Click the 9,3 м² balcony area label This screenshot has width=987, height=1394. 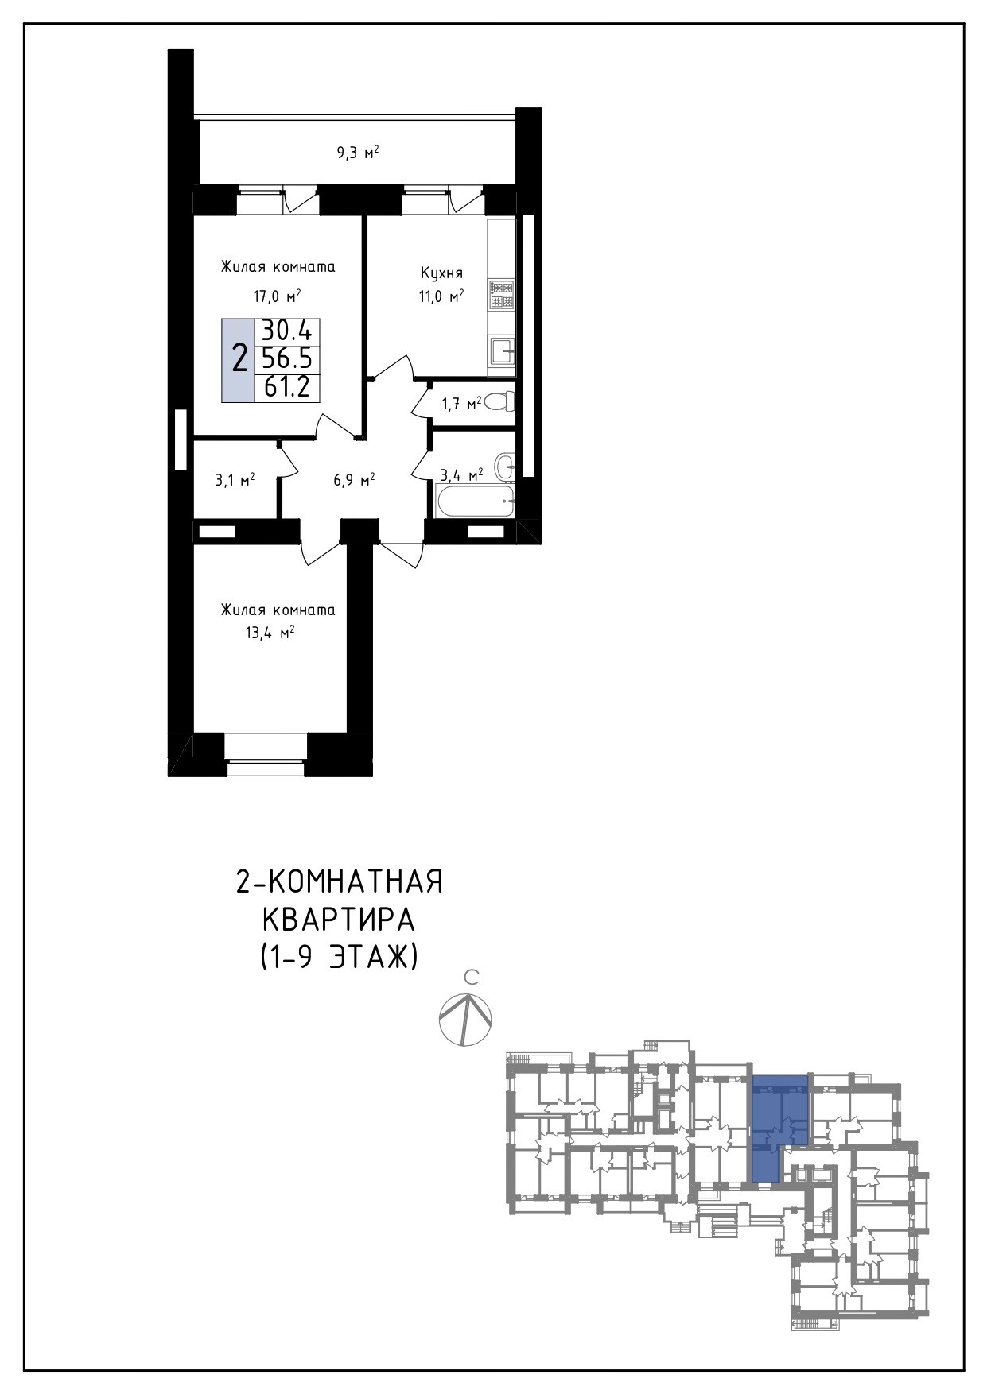click(x=357, y=152)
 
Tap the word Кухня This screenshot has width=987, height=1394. click(x=441, y=273)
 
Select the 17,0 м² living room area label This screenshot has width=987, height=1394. click(x=277, y=297)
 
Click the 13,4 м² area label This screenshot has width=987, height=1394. click(x=271, y=633)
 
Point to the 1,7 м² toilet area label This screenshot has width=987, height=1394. click(x=461, y=405)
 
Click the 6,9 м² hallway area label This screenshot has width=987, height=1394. click(x=354, y=480)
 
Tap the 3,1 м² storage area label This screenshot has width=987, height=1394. click(x=235, y=480)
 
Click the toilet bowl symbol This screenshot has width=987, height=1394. click(x=499, y=402)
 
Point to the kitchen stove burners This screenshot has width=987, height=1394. click(x=502, y=295)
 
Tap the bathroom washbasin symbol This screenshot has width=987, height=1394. click(x=505, y=466)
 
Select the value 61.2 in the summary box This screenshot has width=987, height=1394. click(x=286, y=387)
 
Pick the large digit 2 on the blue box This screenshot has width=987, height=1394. click(x=239, y=359)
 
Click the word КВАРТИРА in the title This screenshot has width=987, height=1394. click(x=339, y=920)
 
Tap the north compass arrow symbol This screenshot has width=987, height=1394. click(x=466, y=1020)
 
